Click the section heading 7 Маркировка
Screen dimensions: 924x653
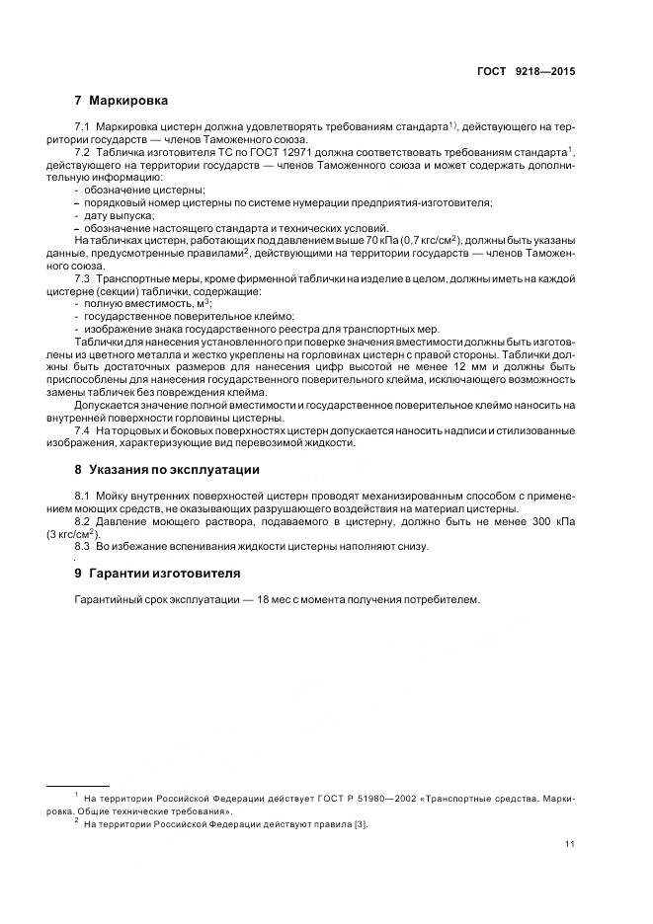pyautogui.click(x=121, y=101)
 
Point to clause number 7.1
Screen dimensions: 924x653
pyautogui.click(x=83, y=129)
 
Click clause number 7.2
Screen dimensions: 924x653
pyautogui.click(x=83, y=153)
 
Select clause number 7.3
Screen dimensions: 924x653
pyautogui.click(x=83, y=279)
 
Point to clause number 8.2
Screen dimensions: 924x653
pyautogui.click(x=83, y=520)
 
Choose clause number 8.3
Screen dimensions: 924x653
pyautogui.click(x=83, y=546)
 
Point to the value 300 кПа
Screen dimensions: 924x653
pyautogui.click(x=552, y=520)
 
